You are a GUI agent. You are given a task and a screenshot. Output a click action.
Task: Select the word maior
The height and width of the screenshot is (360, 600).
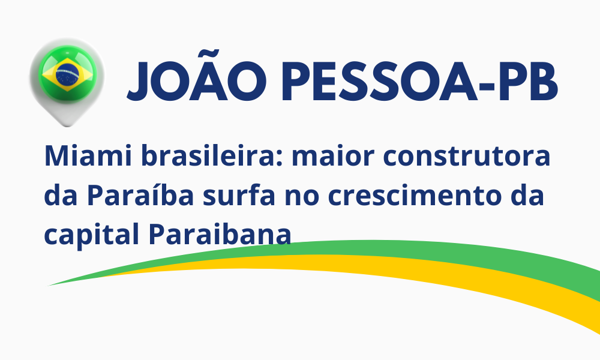click(x=333, y=156)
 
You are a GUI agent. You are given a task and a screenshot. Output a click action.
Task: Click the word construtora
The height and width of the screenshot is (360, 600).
click(x=467, y=157)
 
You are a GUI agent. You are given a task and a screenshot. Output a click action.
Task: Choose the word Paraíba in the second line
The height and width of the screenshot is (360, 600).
click(x=140, y=195)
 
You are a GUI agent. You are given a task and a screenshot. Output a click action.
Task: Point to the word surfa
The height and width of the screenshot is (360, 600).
click(x=239, y=195)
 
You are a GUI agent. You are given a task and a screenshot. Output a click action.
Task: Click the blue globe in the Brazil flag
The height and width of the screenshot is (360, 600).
click(x=67, y=74)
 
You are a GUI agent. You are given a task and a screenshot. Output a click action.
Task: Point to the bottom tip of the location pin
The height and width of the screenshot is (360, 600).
click(x=67, y=127)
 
